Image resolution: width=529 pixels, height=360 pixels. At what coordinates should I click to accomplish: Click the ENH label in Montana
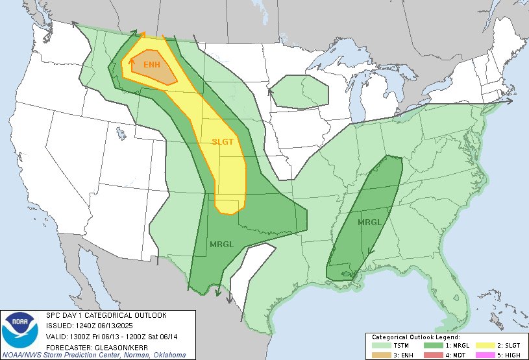pos(151,64)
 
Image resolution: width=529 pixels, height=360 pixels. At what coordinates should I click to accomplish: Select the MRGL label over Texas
pos(221,244)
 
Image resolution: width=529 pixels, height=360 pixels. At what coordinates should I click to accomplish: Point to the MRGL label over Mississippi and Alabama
pos(369,222)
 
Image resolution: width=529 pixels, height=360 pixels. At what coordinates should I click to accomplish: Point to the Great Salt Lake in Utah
pos(122,133)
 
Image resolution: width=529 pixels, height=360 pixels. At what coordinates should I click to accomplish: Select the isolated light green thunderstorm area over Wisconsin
pos(299,91)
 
